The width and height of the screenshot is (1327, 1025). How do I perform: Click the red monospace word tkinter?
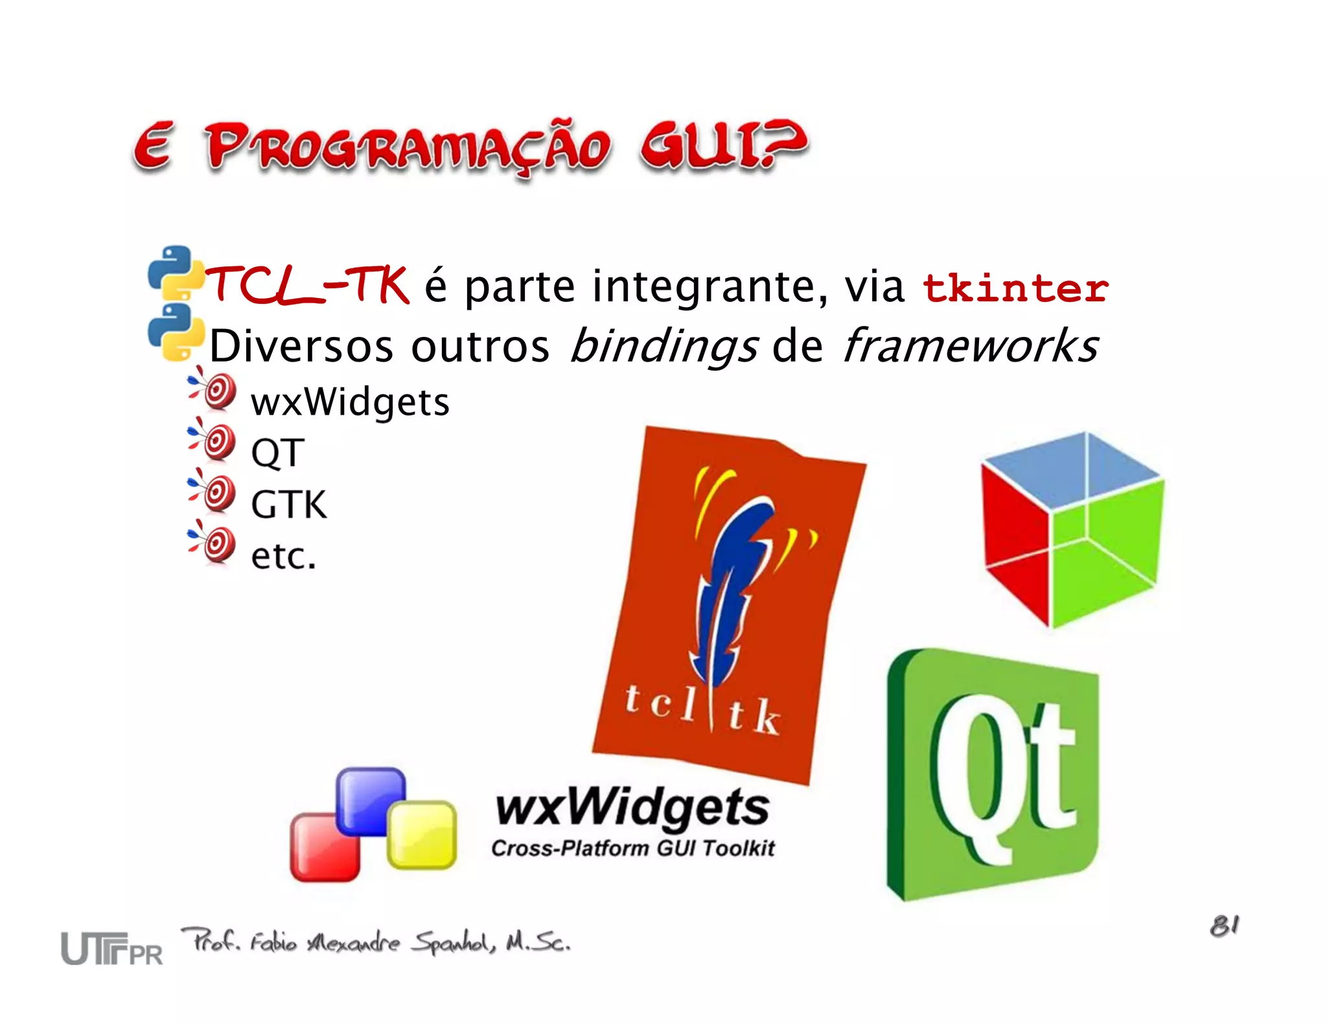(x=1015, y=288)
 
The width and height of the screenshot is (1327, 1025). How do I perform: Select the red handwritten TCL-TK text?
(x=307, y=285)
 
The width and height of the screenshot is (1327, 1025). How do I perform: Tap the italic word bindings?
(x=663, y=346)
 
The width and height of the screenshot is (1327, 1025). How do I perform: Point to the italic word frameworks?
(x=970, y=345)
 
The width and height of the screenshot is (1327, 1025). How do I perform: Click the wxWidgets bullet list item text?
(x=350, y=402)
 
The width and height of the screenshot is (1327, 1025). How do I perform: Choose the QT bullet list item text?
(x=277, y=453)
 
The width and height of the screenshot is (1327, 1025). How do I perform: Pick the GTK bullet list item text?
(x=289, y=504)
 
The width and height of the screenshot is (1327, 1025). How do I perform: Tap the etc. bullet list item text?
(x=284, y=556)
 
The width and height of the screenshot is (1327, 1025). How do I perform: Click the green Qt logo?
(x=993, y=774)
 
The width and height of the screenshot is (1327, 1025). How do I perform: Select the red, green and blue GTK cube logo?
(x=1072, y=530)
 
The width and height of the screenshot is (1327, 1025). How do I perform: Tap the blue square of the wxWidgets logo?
(x=371, y=801)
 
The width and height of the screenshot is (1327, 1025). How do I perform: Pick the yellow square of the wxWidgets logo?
(x=421, y=835)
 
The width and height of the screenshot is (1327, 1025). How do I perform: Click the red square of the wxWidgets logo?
(x=324, y=847)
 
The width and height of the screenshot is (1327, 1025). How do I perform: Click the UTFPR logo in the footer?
(x=111, y=949)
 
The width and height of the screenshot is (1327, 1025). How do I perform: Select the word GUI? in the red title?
(x=722, y=146)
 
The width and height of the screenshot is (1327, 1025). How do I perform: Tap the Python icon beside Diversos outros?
(x=174, y=332)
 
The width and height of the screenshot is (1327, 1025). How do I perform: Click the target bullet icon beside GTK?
(x=214, y=494)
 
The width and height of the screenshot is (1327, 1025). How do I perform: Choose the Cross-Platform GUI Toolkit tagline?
(x=632, y=848)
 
